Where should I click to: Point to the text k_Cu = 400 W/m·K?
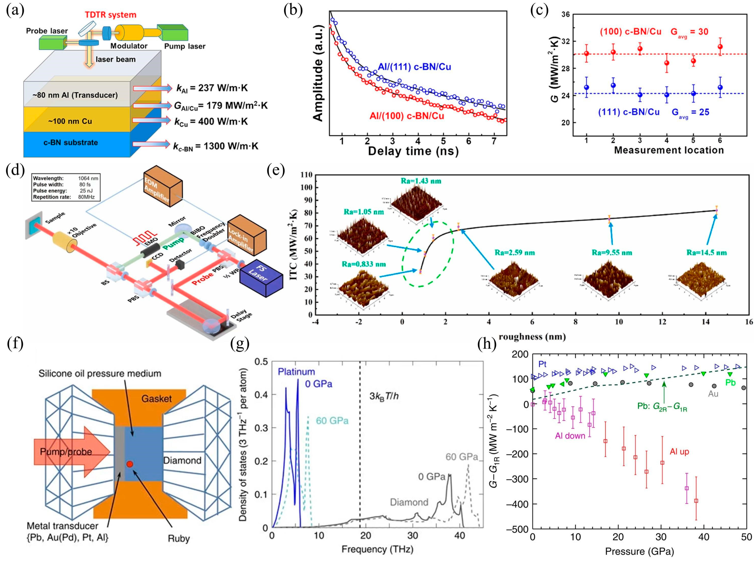tap(211, 122)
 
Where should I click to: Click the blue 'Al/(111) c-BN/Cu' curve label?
tap(415, 67)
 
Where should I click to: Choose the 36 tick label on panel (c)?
tap(565, 15)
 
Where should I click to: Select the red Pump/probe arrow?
tap(71, 452)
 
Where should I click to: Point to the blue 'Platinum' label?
tap(296, 372)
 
